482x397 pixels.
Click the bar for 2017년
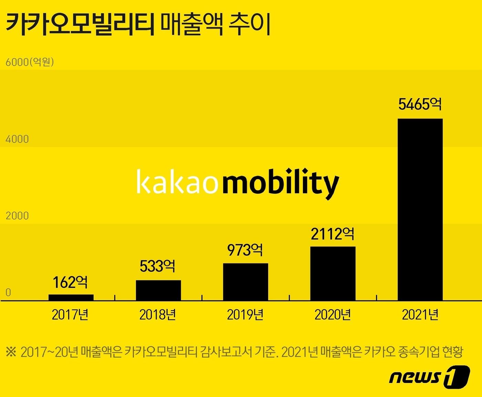click(71, 297)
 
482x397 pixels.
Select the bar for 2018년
click(158, 290)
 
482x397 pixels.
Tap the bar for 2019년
click(245, 282)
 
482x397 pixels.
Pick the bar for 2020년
click(333, 273)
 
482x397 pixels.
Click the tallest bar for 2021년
click(420, 209)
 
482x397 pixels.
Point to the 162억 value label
click(70, 282)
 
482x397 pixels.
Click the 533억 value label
click(158, 266)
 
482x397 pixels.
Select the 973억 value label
click(245, 250)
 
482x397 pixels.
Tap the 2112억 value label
click(332, 234)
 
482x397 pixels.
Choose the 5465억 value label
click(420, 104)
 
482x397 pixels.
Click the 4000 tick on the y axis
click(17, 139)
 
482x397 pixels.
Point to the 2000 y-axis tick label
click(17, 216)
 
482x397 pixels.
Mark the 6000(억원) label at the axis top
click(30, 62)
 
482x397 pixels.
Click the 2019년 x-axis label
click(245, 315)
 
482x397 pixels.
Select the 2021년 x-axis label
click(420, 315)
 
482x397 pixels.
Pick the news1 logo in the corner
click(429, 377)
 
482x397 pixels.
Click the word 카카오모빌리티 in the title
click(80, 25)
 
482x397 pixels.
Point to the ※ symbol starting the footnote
click(11, 352)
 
